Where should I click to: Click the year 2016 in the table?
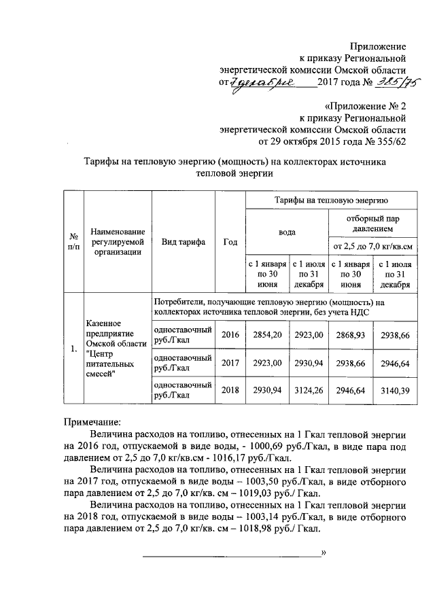(x=230, y=336)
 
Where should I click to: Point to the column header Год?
(x=230, y=242)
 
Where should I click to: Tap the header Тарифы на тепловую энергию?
(x=331, y=201)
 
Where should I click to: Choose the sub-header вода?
(x=287, y=232)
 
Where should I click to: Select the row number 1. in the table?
(x=72, y=349)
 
